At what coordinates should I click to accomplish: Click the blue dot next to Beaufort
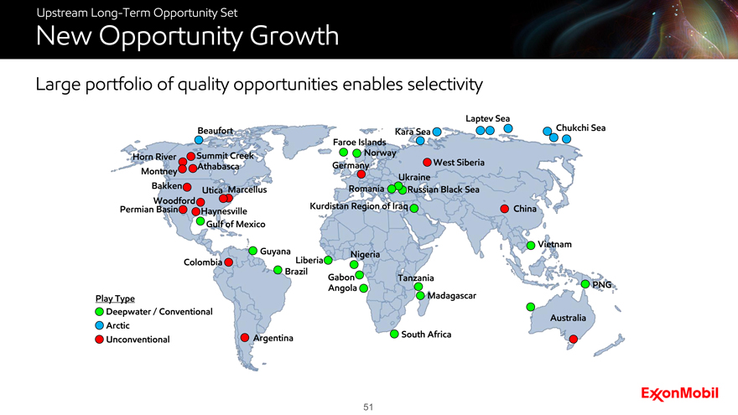pos(199,140)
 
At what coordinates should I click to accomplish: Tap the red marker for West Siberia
pos(427,163)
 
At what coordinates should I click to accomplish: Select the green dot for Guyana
pos(252,251)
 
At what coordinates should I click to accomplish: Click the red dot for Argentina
pos(245,337)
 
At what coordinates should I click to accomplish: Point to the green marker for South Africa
pos(394,334)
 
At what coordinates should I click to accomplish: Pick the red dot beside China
pos(505,209)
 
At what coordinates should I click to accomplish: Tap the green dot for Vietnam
pos(530,245)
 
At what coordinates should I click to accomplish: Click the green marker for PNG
pos(585,284)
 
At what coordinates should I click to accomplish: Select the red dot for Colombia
pos(229,262)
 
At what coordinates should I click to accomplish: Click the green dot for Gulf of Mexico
pos(200,221)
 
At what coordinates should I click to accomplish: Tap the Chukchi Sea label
pos(580,128)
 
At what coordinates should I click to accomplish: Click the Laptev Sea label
pos(487,118)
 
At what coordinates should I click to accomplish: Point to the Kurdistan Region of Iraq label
pos(359,206)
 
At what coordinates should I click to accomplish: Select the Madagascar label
pos(451,295)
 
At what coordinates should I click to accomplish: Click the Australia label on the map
pos(568,318)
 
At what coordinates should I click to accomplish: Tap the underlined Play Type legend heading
pos(115,298)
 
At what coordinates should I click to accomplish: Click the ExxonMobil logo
pos(679,394)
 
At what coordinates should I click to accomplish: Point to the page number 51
pos(368,407)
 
